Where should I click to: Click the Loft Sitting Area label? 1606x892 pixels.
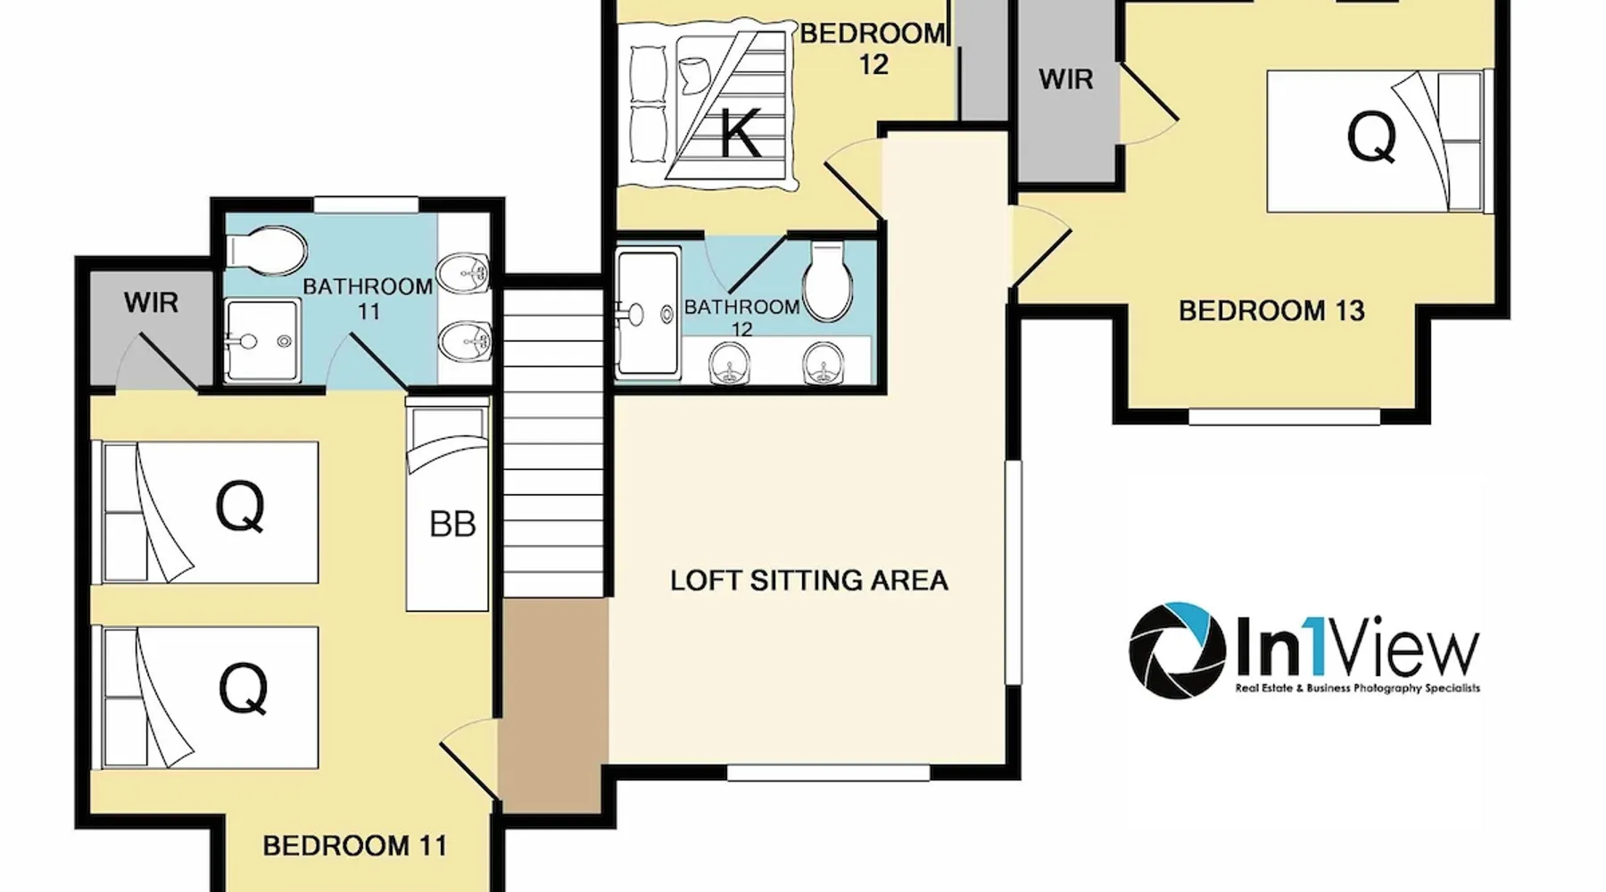tap(808, 581)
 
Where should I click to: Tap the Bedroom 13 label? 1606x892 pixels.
tap(1271, 310)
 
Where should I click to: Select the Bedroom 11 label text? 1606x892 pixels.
tap(354, 846)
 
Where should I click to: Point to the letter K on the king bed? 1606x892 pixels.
tap(741, 136)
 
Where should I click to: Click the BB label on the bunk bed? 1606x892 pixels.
tap(452, 524)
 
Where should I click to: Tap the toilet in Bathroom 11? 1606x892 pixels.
tap(265, 251)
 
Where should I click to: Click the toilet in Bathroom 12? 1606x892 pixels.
tap(828, 282)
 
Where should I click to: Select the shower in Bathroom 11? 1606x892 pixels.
tap(261, 341)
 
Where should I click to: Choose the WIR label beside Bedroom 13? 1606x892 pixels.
tap(1066, 79)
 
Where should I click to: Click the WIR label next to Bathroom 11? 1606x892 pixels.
tap(151, 302)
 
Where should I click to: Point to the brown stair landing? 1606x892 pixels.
tap(554, 705)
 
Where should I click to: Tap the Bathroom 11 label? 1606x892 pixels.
tap(368, 299)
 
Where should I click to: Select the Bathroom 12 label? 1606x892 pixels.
tap(741, 318)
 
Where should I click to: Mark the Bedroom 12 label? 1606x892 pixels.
tap(873, 48)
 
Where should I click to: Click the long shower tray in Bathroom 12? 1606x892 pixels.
tap(648, 313)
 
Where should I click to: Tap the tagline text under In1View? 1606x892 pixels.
tap(1357, 689)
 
